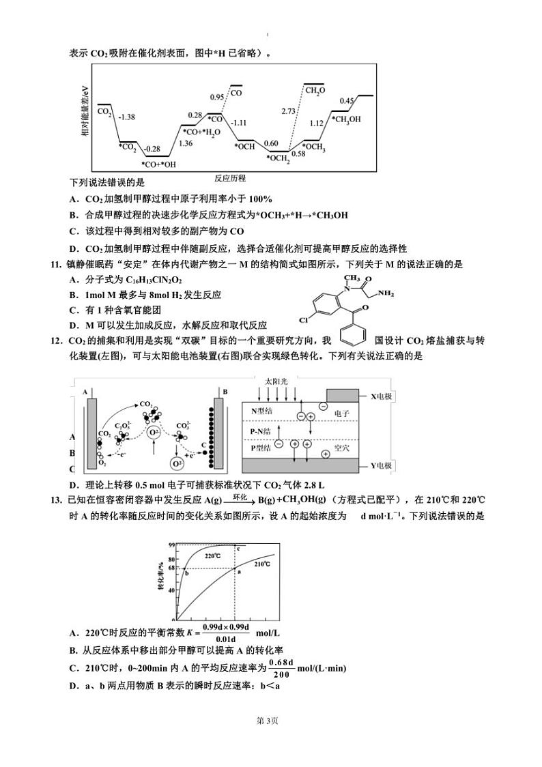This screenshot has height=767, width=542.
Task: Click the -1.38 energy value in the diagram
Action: (x=127, y=117)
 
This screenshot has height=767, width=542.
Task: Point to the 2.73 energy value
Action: (x=288, y=111)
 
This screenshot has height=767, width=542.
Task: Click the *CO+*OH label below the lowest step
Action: (x=158, y=164)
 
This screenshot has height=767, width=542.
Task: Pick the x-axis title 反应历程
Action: (x=229, y=178)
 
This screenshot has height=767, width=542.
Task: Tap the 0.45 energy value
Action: (x=347, y=101)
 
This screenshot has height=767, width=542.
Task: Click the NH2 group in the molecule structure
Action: (x=386, y=294)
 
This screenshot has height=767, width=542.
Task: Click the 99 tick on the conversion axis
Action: (x=172, y=545)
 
